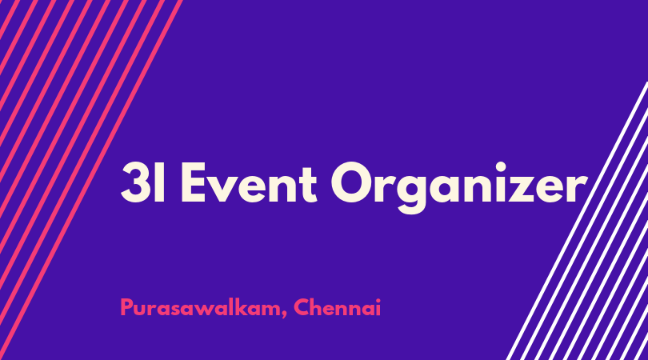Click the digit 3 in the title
(136, 182)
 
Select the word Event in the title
(249, 182)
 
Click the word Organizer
(458, 187)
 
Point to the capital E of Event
(194, 182)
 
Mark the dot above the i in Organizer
(501, 166)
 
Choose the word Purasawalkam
(200, 308)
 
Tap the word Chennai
(338, 307)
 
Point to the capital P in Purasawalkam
(126, 307)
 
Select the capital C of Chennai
(302, 307)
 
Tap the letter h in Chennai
(319, 307)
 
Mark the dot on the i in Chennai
(378, 300)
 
